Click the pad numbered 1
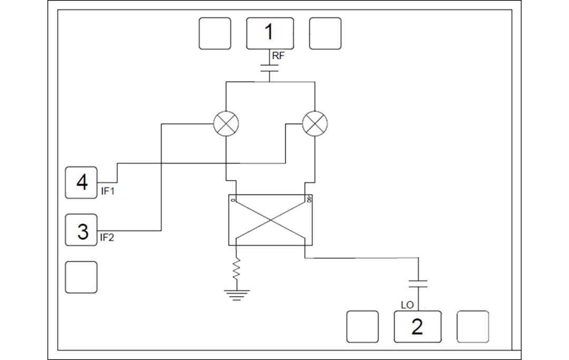coord(270,33)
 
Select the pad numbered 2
coord(417,327)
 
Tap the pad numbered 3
coord(81,230)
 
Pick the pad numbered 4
coord(81,182)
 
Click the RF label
coord(279,55)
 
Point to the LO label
coord(407,305)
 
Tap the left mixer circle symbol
coord(225,124)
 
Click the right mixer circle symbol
coord(315,124)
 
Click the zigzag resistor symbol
coord(237,268)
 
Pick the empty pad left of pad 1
coord(215,33)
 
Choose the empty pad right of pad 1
coord(325,33)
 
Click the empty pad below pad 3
coord(81,277)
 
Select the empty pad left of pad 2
coord(362,327)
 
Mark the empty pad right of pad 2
coord(473,327)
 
